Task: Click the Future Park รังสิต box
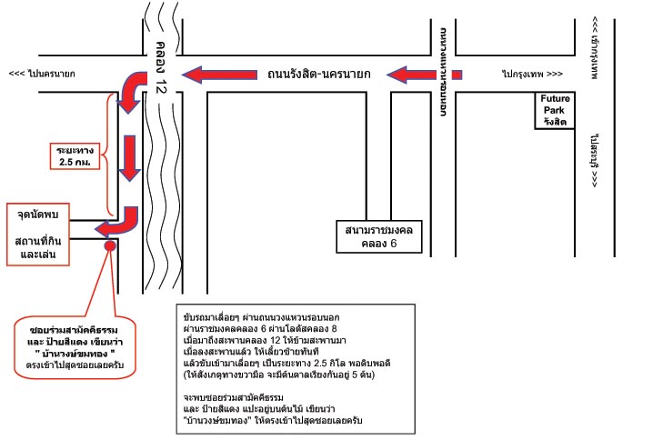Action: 554,110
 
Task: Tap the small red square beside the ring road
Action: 457,75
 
